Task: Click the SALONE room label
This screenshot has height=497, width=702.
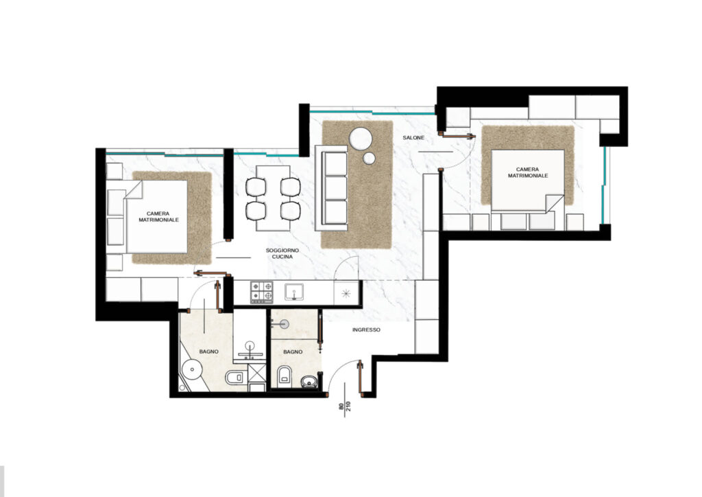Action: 413,137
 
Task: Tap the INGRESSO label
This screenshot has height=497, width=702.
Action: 366,330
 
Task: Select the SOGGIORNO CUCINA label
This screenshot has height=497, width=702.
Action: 282,254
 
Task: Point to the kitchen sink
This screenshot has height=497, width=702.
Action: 294,292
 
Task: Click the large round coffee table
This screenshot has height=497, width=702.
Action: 361,139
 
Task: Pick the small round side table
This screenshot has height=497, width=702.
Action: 369,158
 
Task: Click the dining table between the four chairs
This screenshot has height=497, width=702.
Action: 273,198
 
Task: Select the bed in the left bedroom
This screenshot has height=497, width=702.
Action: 157,217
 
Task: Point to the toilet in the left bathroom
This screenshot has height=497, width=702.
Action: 234,378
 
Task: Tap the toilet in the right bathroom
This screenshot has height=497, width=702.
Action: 285,375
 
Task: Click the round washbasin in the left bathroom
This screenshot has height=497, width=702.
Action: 192,369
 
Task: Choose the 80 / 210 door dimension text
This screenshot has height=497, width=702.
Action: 346,407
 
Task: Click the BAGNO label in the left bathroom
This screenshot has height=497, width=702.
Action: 208,351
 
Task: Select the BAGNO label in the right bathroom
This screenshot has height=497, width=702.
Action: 293,352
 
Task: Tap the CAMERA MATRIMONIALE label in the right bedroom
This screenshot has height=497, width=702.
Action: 527,172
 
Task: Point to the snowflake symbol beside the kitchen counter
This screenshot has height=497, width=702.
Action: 346,294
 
